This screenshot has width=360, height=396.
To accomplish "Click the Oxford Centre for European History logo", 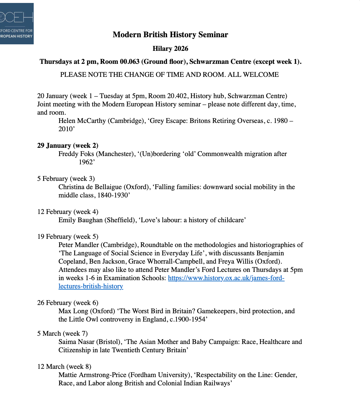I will click(17, 24).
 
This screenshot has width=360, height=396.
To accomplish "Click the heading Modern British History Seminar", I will click(170, 35).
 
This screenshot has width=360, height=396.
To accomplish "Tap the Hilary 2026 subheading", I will click(170, 48).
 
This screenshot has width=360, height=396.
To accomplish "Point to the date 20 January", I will click(53, 96).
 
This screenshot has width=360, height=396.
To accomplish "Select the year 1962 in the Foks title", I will click(86, 162).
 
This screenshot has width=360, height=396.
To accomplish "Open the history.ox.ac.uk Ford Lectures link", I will click(226, 278).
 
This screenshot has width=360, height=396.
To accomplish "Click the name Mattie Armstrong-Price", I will click(92, 375).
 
